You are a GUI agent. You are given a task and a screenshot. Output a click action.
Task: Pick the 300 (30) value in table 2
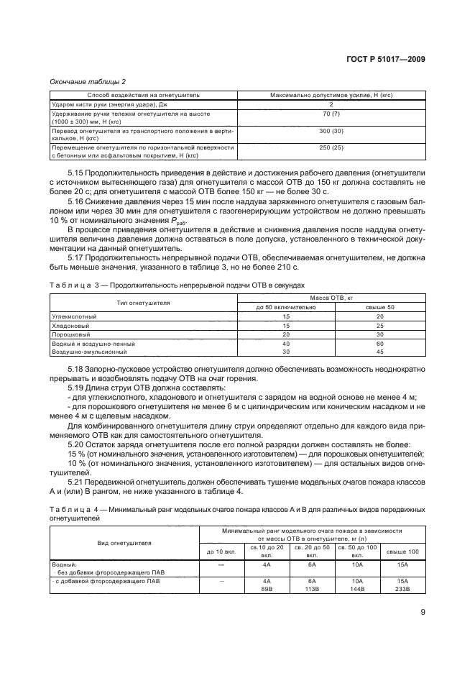(332, 132)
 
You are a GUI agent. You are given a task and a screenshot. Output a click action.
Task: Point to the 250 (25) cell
(332, 147)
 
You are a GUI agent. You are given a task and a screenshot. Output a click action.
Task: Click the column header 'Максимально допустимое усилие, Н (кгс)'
(332, 95)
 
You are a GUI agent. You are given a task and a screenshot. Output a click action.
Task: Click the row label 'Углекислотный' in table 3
(75, 316)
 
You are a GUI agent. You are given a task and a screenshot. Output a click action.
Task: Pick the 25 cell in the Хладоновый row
(380, 325)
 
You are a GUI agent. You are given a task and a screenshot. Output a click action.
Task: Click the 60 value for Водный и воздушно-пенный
(380, 344)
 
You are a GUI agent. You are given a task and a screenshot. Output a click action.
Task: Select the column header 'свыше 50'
(380, 307)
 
